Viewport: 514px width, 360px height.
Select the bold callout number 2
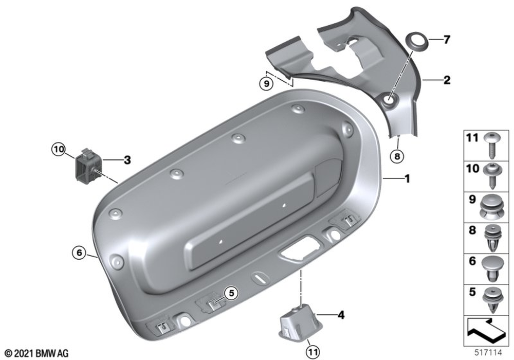(x=447, y=80)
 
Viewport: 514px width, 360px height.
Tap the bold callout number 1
(x=407, y=178)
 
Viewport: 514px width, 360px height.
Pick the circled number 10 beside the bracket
(x=59, y=150)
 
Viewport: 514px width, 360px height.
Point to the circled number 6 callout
(x=79, y=253)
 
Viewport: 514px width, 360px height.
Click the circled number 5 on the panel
(x=231, y=293)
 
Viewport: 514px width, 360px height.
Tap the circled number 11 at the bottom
(x=313, y=352)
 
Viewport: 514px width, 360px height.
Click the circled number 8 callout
(x=397, y=156)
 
